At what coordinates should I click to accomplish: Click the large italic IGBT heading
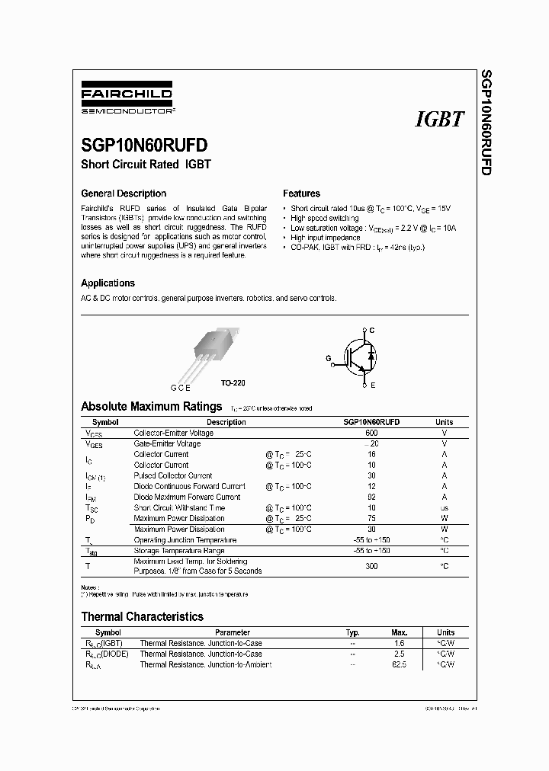click(x=440, y=120)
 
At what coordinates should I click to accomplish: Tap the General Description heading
click(x=124, y=194)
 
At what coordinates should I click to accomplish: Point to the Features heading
click(x=301, y=194)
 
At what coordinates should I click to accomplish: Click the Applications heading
click(x=108, y=283)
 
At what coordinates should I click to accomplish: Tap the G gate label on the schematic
click(x=329, y=357)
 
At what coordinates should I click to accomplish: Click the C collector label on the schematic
click(x=372, y=330)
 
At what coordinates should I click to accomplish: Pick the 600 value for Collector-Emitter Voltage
click(x=371, y=433)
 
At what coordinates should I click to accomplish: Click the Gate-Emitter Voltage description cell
click(x=168, y=443)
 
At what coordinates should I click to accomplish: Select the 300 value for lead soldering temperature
click(x=371, y=566)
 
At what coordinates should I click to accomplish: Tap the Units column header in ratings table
click(x=444, y=422)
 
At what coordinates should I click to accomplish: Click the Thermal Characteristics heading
click(x=142, y=616)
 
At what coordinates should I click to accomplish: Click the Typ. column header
click(x=352, y=632)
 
